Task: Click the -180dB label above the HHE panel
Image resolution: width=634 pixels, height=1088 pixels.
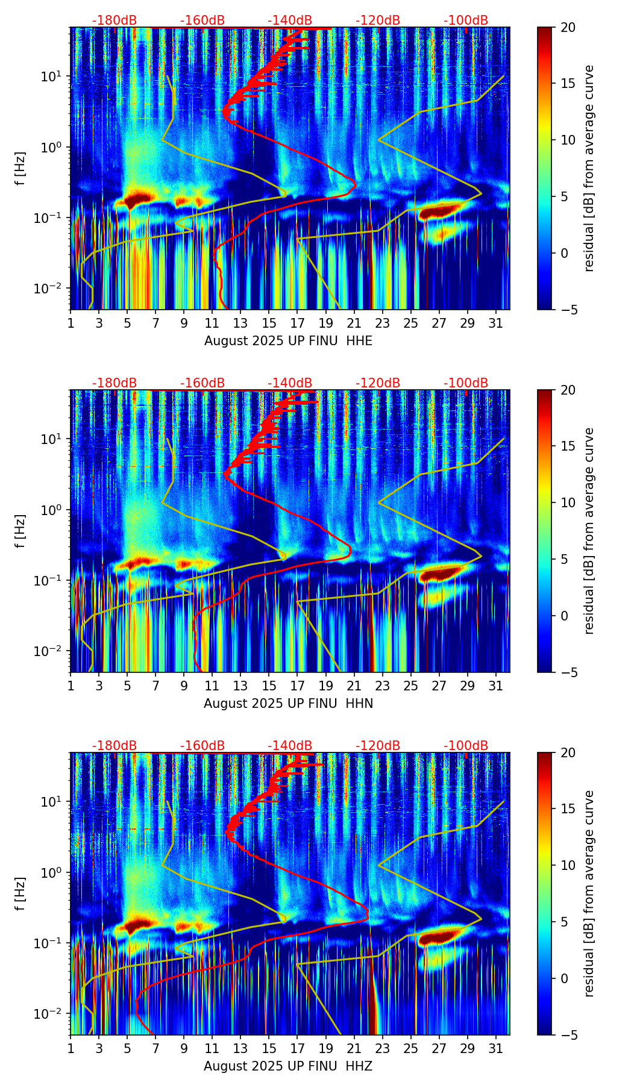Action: tap(115, 20)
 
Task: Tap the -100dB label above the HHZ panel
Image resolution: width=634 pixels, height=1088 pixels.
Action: tap(466, 746)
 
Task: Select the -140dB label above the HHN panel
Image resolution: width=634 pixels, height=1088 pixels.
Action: tap(290, 383)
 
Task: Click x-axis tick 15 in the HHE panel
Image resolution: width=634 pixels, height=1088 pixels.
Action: tap(269, 323)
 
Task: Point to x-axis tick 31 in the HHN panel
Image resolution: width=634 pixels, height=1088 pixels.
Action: tap(495, 686)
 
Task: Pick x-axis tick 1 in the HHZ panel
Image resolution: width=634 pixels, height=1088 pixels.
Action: tap(71, 1048)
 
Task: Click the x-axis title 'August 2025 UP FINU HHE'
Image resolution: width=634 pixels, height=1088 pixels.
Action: tap(288, 341)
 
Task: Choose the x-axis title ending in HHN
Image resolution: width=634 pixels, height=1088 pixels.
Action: tap(288, 704)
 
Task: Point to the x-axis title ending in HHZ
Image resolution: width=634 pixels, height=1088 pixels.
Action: tap(287, 1066)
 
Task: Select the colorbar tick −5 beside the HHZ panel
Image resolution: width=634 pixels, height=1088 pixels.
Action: tap(566, 1035)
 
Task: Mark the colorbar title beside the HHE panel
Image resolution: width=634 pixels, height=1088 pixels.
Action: tap(589, 168)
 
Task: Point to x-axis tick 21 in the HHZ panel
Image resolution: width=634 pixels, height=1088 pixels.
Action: tap(354, 1048)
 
